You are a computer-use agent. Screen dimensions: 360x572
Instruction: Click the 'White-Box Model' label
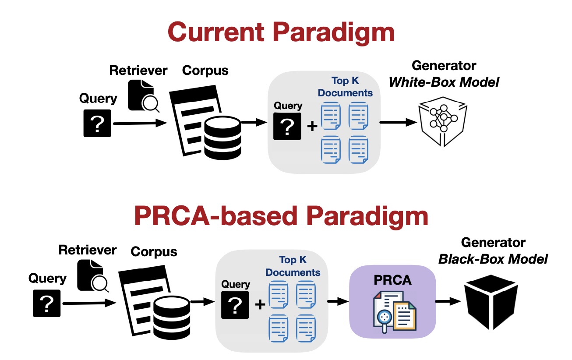444,82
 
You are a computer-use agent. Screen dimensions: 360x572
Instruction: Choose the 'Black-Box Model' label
493,259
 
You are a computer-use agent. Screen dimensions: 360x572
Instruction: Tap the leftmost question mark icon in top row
98,124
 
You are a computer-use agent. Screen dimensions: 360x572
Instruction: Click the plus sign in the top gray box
312,127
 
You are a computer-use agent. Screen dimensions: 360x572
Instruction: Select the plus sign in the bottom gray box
260,304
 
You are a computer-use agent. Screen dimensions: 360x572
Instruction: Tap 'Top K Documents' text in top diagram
345,87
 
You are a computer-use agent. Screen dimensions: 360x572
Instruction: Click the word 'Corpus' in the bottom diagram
154,252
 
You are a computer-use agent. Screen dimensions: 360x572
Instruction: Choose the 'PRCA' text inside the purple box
392,280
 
